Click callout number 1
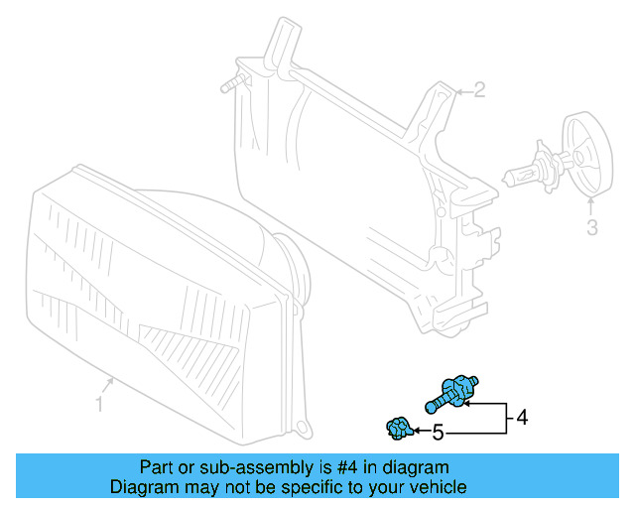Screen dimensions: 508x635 (99, 403)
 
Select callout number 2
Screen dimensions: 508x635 (478, 91)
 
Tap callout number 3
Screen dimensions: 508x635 (591, 229)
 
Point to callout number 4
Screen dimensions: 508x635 (522, 418)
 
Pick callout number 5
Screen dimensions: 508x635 (438, 433)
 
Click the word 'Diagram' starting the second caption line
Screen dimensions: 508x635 (142, 487)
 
